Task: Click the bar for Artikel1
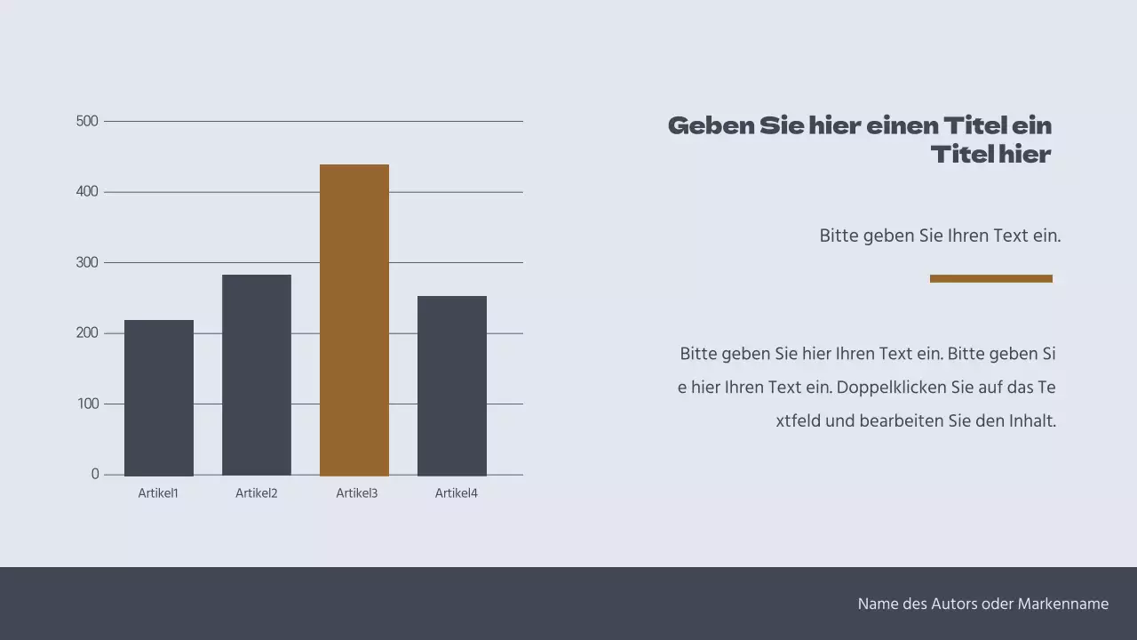click(159, 397)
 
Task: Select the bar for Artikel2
click(257, 375)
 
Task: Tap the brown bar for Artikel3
click(354, 320)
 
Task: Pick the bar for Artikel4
click(452, 386)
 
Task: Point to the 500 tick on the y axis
click(88, 121)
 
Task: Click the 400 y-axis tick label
click(88, 192)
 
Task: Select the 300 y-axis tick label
click(88, 262)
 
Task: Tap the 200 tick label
click(88, 333)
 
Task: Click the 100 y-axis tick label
click(88, 404)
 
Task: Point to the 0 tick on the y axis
click(95, 475)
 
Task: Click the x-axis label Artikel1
click(158, 493)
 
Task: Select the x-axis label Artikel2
click(257, 493)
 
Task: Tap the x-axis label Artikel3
click(356, 493)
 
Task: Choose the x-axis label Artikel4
click(456, 493)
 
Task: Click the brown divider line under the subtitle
click(990, 278)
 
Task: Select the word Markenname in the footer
click(1063, 604)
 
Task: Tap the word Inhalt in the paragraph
click(1032, 421)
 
